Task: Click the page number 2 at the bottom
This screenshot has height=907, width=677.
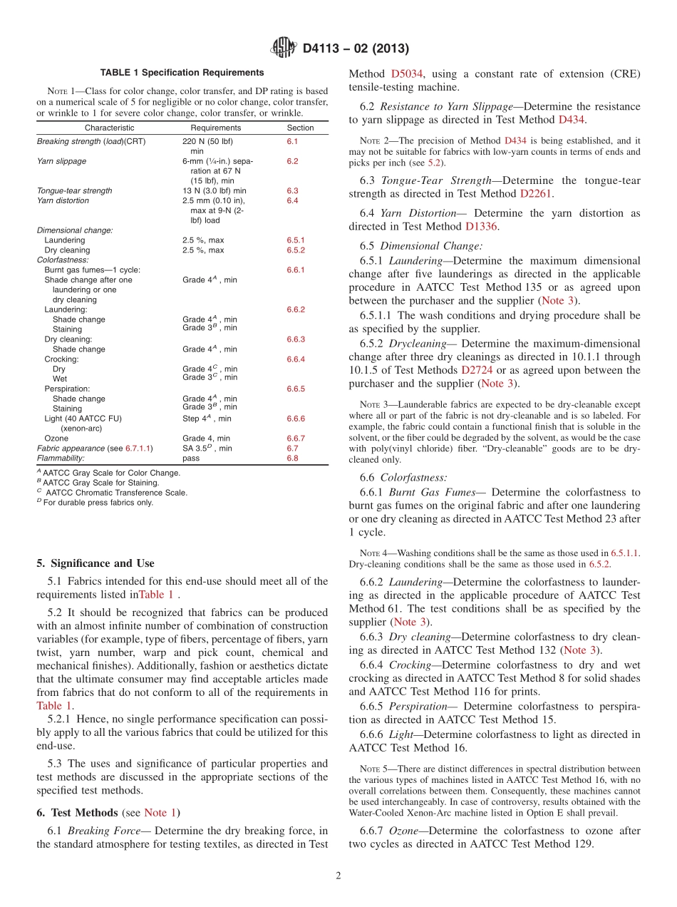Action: (338, 876)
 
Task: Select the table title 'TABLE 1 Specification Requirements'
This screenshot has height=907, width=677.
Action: (182, 73)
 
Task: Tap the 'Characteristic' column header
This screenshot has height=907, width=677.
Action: (109, 128)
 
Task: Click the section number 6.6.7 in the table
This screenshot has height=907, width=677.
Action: (295, 439)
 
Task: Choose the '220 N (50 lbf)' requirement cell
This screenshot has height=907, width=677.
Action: (207, 141)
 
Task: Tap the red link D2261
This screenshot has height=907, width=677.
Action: (536, 193)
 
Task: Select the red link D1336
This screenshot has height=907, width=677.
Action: (481, 226)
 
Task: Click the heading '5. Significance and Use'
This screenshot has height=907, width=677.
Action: (95, 563)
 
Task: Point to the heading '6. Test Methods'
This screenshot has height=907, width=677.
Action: (77, 813)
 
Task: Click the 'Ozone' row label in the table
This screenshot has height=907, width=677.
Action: (56, 439)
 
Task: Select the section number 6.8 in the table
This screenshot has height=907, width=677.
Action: (292, 458)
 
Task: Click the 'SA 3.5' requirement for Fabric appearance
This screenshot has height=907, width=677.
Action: (200, 449)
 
